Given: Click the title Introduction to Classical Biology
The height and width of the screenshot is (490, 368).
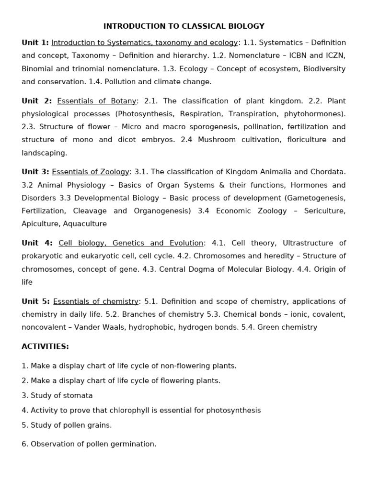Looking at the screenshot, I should (184, 26).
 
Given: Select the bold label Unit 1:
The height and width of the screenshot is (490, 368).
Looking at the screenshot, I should (35, 43).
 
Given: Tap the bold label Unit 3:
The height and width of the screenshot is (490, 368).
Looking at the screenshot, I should (35, 172).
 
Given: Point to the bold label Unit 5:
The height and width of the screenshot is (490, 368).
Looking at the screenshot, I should (35, 301).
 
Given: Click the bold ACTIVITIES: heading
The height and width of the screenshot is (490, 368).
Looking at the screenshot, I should (45, 346).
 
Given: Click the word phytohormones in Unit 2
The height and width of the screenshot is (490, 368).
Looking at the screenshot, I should (313, 114).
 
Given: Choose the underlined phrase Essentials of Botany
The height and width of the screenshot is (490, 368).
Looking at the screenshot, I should (97, 101).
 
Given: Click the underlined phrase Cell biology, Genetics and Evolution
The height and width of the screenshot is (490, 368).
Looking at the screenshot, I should (131, 243).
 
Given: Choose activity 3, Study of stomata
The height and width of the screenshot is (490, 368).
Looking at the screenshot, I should (57, 396).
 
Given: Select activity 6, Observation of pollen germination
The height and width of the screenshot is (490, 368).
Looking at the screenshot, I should (89, 444).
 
